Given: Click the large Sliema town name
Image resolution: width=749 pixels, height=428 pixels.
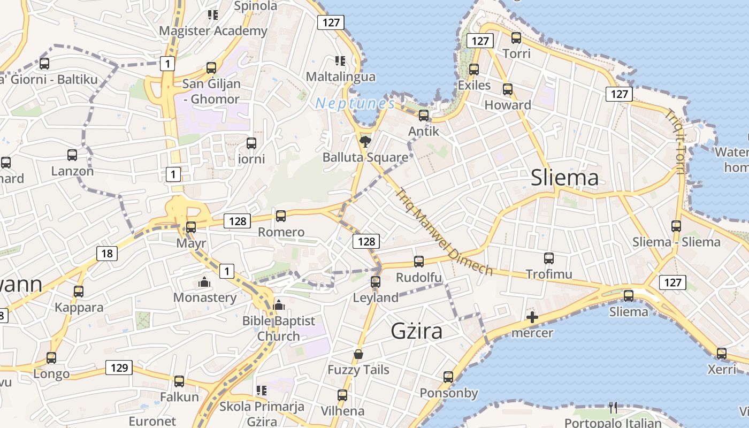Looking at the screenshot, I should pos(564,178).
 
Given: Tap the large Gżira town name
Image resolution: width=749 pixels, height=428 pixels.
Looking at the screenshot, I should pos(417,331).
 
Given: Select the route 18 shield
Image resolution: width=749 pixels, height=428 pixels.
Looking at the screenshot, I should pos(107,253).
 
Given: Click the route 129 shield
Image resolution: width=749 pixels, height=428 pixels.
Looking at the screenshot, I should pos(119,368).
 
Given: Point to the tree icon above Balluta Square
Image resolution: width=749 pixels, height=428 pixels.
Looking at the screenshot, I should pos(365,142).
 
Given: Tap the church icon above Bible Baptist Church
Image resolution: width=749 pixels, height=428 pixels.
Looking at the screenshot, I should pos(278,305).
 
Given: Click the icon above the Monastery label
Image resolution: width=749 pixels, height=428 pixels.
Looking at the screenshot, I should pos(204,282).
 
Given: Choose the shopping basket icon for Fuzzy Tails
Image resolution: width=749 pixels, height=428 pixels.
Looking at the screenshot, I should pos(358,354).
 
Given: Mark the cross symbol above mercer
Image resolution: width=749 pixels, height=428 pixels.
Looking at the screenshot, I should pos(532,317).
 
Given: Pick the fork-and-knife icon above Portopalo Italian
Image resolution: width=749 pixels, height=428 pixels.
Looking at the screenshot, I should pos(613,408).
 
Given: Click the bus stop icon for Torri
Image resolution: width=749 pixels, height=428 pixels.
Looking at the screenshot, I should pos(516,38).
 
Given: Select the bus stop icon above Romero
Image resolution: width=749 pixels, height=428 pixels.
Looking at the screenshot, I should pos(281,216).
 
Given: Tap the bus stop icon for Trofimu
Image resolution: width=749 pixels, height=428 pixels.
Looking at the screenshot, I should pos(549,258).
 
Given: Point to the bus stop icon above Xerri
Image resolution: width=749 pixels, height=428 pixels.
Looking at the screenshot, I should pos(722,354).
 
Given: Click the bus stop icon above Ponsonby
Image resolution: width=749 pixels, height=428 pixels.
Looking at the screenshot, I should pos(448,377).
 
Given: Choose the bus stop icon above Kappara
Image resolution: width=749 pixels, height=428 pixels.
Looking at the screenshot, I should pos(79,292).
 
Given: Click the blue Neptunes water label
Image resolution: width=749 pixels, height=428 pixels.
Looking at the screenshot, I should pos(355,103).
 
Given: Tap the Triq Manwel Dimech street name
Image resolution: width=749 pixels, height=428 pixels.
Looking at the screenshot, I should pos(444,231).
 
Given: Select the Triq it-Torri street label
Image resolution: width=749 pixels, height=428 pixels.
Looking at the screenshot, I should pos(675,141).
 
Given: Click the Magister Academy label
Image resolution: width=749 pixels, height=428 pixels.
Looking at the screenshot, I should pos(213,30).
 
